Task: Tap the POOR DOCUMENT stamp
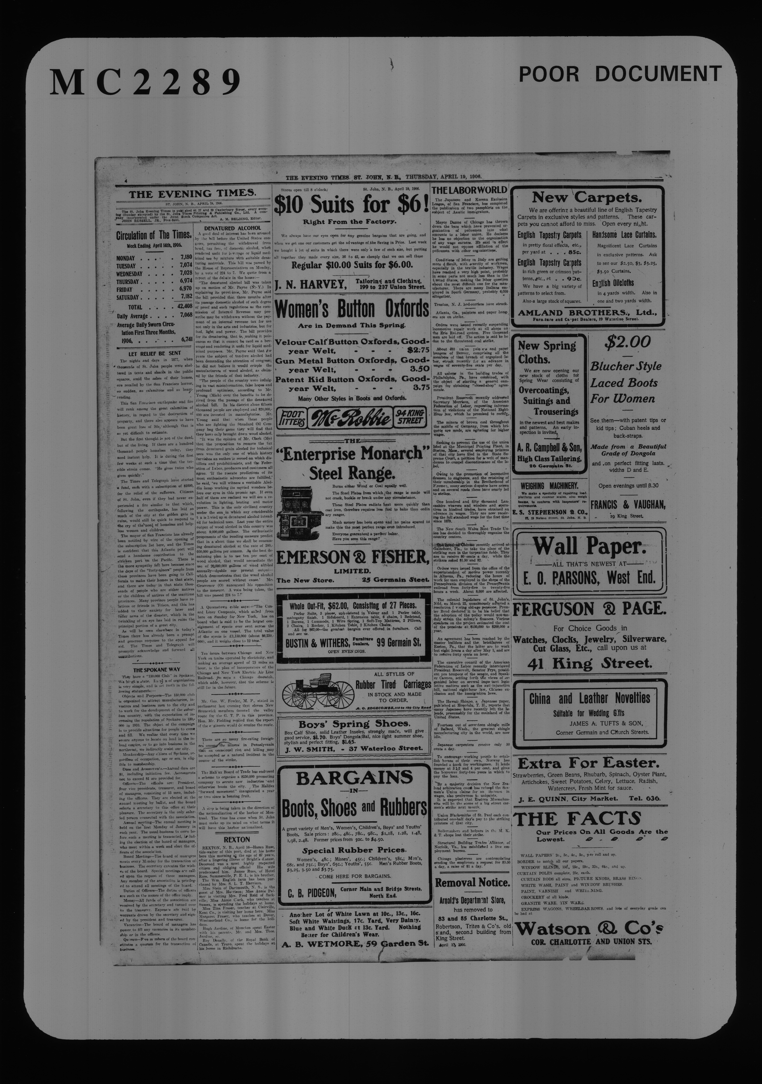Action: click(620, 74)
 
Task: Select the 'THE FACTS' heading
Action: click(577, 818)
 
